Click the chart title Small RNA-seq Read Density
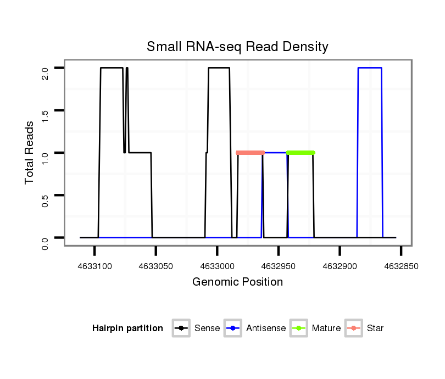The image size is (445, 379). tap(237, 47)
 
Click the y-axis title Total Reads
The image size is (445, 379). tap(30, 152)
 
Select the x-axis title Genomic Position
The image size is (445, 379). tap(237, 282)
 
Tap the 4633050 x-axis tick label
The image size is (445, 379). tap(156, 266)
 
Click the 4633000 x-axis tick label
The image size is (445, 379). tap(217, 266)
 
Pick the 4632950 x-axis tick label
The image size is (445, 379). tap(279, 266)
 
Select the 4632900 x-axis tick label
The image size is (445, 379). tap(340, 266)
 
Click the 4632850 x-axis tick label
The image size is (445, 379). tap(401, 266)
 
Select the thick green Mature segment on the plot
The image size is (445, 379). tap(301, 152)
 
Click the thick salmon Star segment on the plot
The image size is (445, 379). tap(251, 152)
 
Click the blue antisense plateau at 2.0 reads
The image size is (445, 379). tap(370, 68)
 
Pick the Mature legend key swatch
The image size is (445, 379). tap(299, 328)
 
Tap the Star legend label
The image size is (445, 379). tap(375, 328)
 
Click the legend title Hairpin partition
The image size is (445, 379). tap(127, 328)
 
